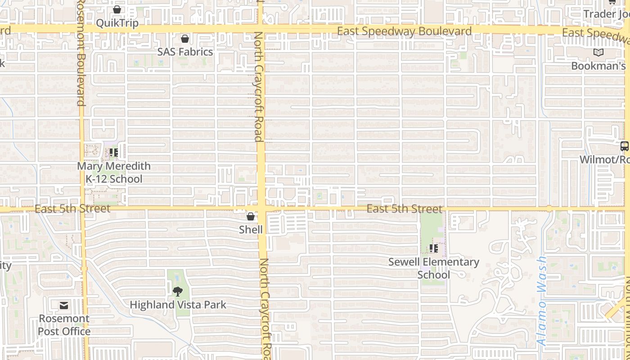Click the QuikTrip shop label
click(x=117, y=22)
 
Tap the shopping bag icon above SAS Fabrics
click(x=185, y=39)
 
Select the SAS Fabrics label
click(x=185, y=52)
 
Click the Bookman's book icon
click(x=598, y=53)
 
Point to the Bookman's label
click(x=598, y=66)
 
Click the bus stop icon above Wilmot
click(x=624, y=146)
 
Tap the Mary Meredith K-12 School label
click(x=114, y=172)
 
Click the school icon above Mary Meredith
click(x=114, y=153)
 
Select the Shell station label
click(x=251, y=229)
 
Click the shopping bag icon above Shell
click(x=251, y=217)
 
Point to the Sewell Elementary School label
click(x=434, y=268)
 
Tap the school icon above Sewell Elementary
click(x=434, y=248)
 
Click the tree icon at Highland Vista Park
click(x=178, y=291)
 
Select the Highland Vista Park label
click(x=178, y=305)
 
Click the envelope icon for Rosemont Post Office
click(x=64, y=306)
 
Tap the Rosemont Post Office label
click(x=64, y=325)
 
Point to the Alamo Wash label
click(x=542, y=301)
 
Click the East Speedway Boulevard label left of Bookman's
click(x=404, y=31)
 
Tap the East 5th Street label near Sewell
click(x=404, y=209)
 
